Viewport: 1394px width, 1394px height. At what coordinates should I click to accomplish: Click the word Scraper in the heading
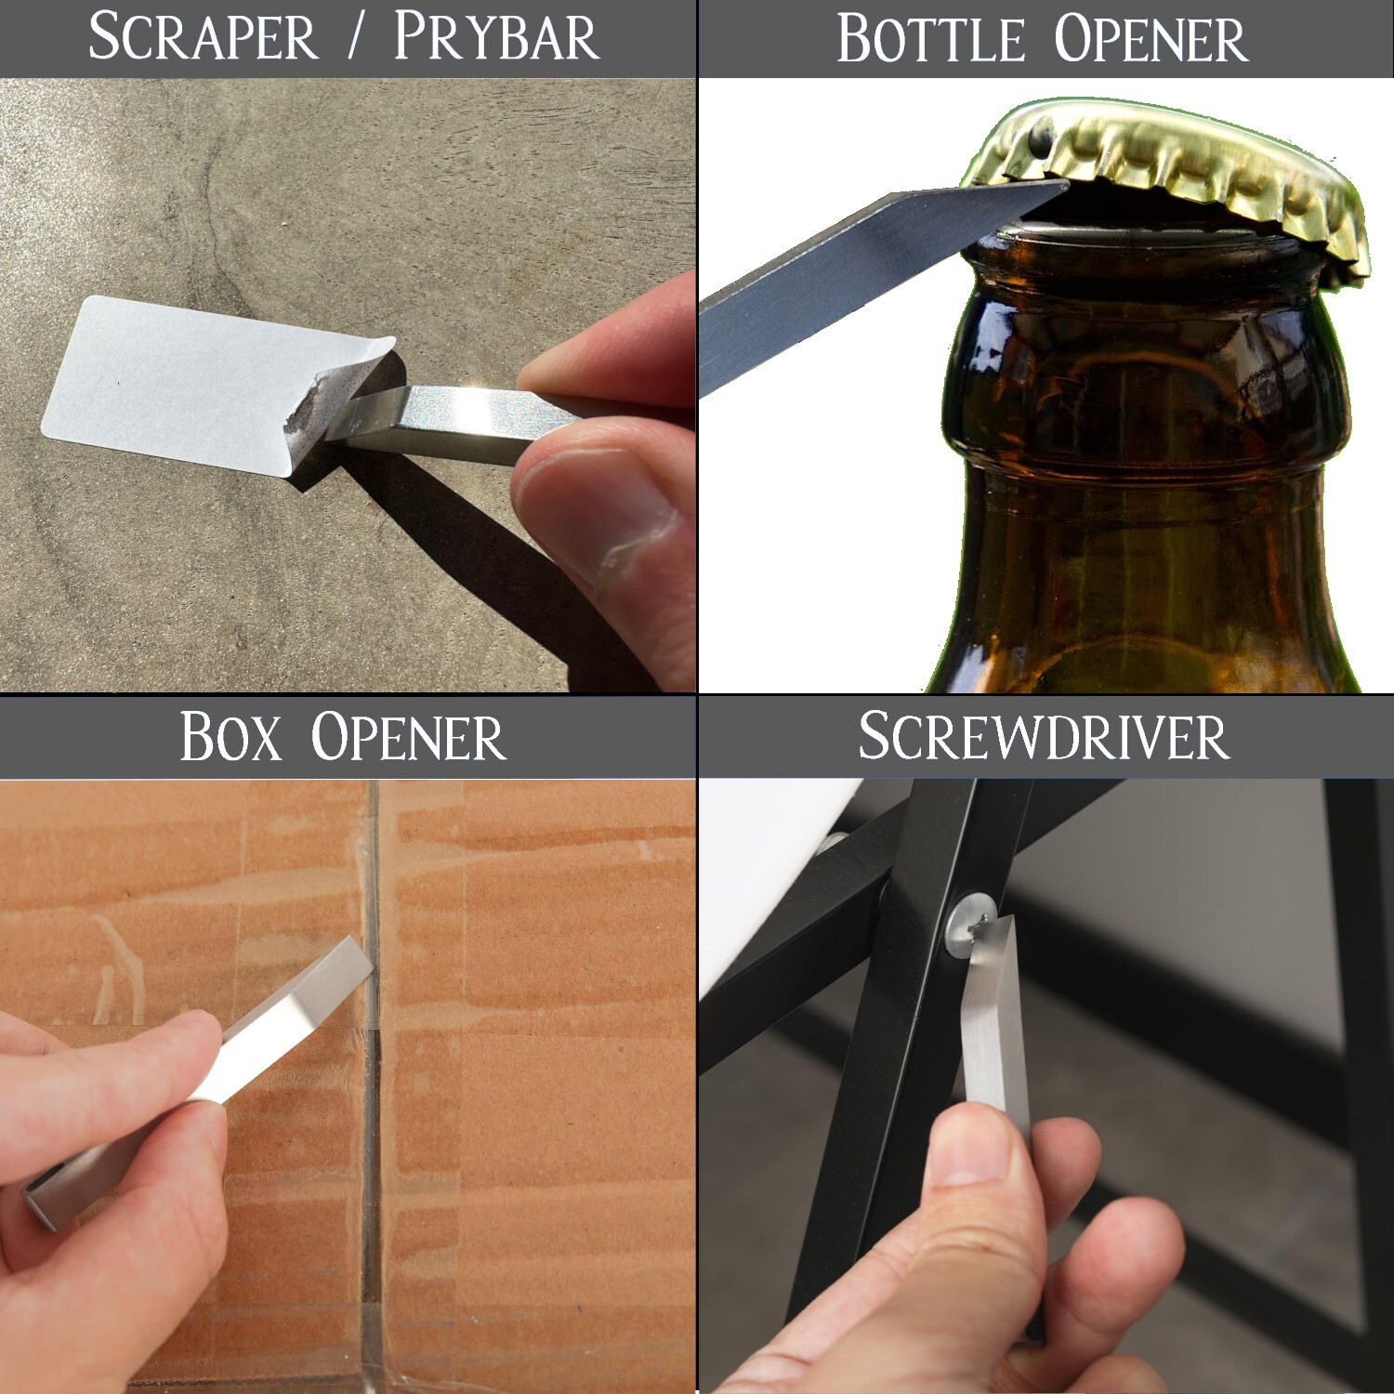[204, 38]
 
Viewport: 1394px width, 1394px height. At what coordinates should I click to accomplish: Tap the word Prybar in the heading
[496, 38]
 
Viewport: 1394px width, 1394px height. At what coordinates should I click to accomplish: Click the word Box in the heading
[230, 737]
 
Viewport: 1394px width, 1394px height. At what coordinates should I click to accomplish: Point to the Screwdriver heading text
[1044, 737]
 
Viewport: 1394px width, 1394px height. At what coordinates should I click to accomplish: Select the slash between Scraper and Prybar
[356, 38]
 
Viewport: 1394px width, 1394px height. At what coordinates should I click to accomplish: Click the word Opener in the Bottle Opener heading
[1151, 40]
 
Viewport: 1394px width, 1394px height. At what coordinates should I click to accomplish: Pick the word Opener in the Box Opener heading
[409, 737]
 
